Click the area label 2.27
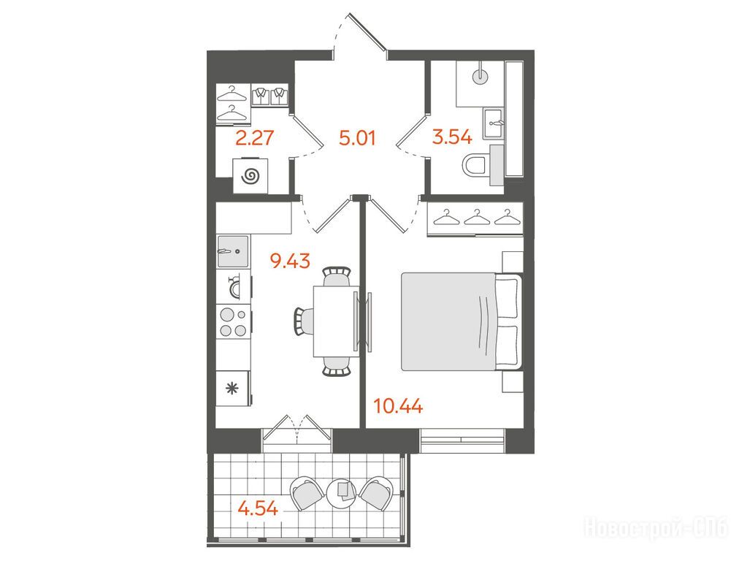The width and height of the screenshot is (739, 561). pyautogui.click(x=255, y=138)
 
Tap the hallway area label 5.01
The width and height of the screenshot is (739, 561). pyautogui.click(x=358, y=138)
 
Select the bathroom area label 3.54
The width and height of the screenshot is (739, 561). pyautogui.click(x=453, y=137)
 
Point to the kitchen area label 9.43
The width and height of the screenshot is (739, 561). pyautogui.click(x=290, y=260)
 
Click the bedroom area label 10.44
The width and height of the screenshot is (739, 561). pyautogui.click(x=398, y=405)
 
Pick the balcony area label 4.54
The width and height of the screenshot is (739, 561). pyautogui.click(x=258, y=508)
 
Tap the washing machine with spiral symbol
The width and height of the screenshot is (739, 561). pyautogui.click(x=250, y=176)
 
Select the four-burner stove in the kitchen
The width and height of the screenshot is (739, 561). pyautogui.click(x=234, y=321)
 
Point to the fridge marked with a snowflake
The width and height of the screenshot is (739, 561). pyautogui.click(x=233, y=388)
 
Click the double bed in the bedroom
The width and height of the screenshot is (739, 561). pyautogui.click(x=462, y=321)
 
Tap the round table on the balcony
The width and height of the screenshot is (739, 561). pyautogui.click(x=344, y=494)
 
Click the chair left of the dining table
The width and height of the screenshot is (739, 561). pyautogui.click(x=304, y=321)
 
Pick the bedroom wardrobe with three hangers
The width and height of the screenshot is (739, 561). pyautogui.click(x=475, y=218)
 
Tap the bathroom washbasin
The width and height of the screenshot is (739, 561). pyautogui.click(x=494, y=123)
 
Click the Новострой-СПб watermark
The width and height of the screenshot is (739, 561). pyautogui.click(x=656, y=527)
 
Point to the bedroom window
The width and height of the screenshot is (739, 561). pyautogui.click(x=462, y=440)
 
